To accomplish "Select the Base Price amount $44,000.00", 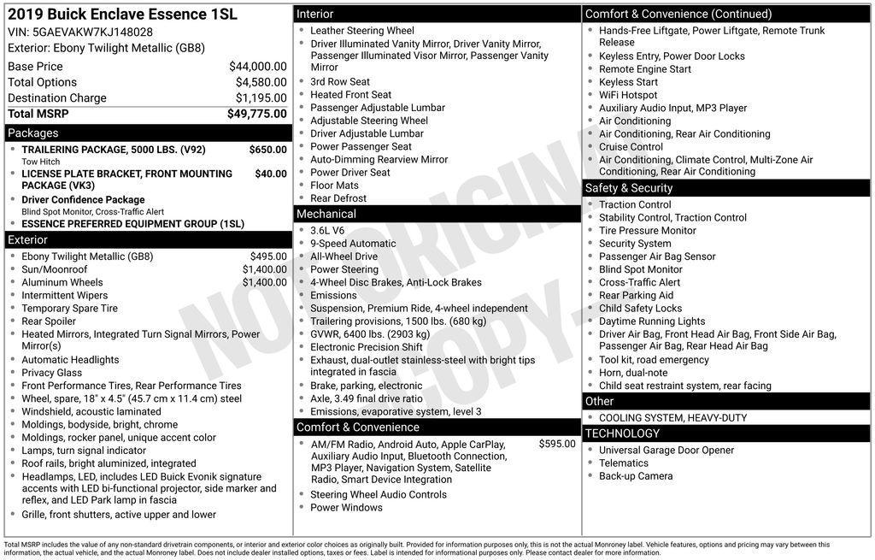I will (x=257, y=67).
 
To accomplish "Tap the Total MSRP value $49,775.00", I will (x=256, y=114).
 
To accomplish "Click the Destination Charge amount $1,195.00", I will (x=261, y=98).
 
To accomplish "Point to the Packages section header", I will (x=33, y=133).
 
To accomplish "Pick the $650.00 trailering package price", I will (x=267, y=150).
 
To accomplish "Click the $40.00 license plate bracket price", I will (x=271, y=174).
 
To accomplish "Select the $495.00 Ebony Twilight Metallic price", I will (x=268, y=256).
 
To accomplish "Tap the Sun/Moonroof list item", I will (x=55, y=269).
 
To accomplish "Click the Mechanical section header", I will (x=326, y=214).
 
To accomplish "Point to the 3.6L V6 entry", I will (x=327, y=231).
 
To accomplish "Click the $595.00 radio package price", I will (x=557, y=445).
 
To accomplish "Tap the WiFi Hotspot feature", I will (x=628, y=95).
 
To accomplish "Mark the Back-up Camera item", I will (x=636, y=476).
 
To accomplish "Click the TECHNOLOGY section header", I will (x=622, y=433).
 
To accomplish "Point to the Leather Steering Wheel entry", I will (x=362, y=31).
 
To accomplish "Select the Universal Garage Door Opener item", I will (x=667, y=451).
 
